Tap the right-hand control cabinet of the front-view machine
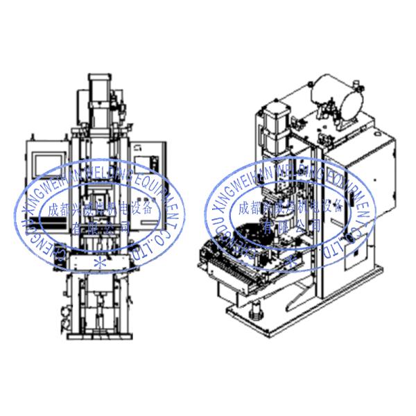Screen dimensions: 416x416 (149, 173)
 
